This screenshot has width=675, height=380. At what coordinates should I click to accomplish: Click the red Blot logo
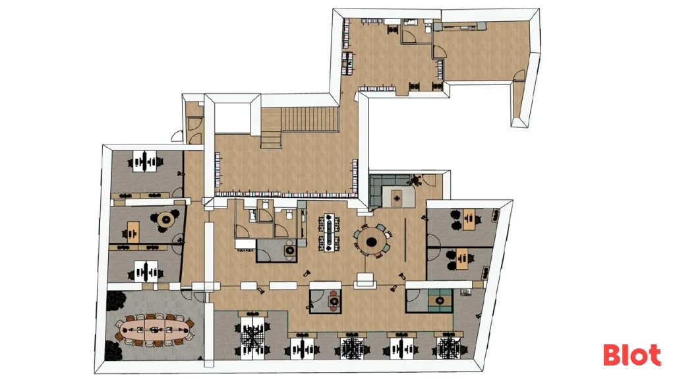point(631,355)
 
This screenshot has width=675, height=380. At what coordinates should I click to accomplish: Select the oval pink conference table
point(154,330)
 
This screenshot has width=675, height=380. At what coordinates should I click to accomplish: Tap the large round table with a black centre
point(370,241)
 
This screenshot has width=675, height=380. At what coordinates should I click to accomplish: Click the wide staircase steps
point(310,119)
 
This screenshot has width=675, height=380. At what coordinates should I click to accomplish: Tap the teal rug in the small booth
point(440,300)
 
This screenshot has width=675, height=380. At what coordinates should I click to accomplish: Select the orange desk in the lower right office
point(461,259)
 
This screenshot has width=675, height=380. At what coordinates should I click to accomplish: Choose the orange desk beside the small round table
point(133,231)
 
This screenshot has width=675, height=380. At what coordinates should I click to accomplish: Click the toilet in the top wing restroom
point(427,28)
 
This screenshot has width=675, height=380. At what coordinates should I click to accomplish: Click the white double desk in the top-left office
point(144,161)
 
